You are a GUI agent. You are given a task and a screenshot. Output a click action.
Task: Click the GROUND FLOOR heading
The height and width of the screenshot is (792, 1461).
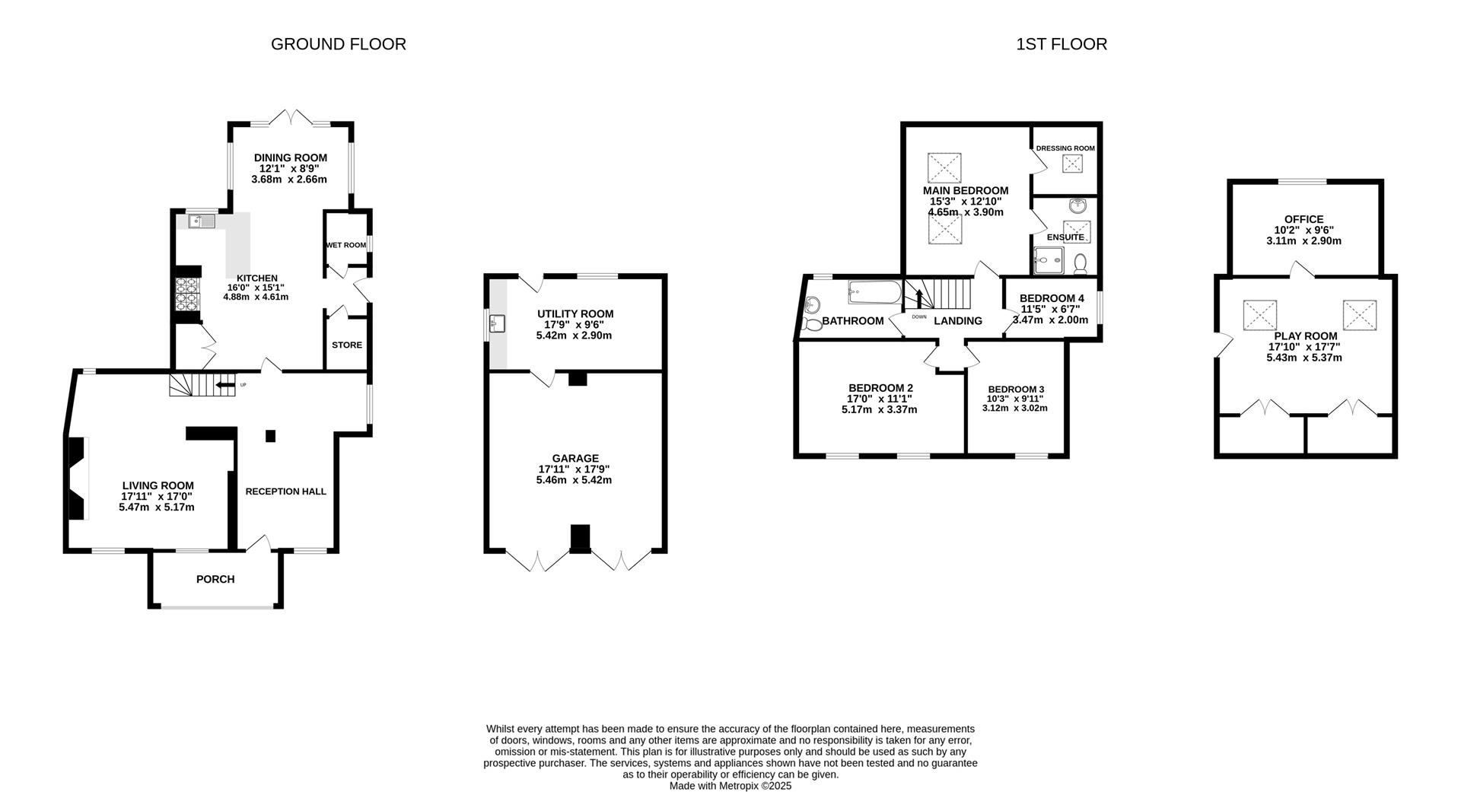point(338,44)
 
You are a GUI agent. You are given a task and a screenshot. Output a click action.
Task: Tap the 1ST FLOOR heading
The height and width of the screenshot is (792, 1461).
point(1061,44)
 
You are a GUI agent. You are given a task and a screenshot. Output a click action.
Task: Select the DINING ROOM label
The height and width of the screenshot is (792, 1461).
point(290,158)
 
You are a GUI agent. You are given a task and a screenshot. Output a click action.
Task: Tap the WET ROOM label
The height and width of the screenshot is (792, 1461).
point(345,245)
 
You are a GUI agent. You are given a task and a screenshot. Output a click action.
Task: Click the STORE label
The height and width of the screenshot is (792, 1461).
point(347,345)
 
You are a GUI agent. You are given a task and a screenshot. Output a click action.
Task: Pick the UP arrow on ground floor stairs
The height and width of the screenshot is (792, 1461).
point(225,385)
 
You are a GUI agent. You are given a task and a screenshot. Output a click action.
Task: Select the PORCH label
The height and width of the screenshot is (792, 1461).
point(215,580)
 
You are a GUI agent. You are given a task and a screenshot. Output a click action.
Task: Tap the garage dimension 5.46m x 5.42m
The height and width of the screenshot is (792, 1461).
point(574,480)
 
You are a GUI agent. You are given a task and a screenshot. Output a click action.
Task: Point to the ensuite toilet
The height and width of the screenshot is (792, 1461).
point(1080,264)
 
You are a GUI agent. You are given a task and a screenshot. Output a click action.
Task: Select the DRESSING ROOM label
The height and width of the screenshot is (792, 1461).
point(1065,148)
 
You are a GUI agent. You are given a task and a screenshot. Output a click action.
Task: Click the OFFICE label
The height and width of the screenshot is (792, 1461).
point(1303,219)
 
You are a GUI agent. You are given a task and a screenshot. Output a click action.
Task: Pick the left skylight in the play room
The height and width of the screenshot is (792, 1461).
point(1259,315)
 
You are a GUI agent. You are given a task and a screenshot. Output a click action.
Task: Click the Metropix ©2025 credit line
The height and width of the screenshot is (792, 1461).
point(730,786)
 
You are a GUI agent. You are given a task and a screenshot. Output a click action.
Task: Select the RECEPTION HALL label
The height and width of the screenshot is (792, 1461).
point(285,491)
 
